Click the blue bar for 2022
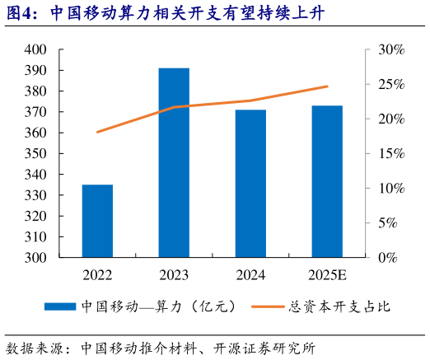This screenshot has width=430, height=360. click(x=97, y=221)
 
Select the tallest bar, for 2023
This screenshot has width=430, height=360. click(x=174, y=163)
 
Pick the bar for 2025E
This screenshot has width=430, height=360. click(x=327, y=181)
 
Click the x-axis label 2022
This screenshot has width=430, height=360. click(x=97, y=274)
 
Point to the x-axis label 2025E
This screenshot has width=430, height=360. click(x=327, y=274)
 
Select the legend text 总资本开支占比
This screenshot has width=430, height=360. click(x=339, y=306)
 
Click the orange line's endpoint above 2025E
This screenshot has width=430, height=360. click(x=327, y=86)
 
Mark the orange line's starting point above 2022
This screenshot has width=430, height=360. click(x=97, y=132)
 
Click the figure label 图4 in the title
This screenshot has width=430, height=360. click(x=22, y=13)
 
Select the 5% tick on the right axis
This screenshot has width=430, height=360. click(x=387, y=222)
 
